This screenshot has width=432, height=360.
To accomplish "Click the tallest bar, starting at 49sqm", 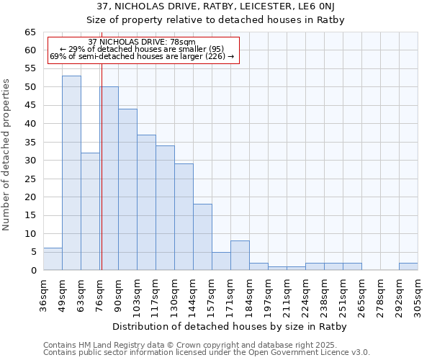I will click(71, 173).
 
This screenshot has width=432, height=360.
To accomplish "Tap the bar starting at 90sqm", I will click(127, 189).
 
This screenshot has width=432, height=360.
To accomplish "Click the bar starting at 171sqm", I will click(240, 256).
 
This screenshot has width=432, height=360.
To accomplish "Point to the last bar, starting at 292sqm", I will click(408, 266).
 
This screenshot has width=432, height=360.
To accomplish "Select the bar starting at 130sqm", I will click(184, 217).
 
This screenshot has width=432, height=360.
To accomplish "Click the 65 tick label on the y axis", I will click(30, 32).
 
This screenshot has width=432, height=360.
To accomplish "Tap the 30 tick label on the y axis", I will click(30, 161).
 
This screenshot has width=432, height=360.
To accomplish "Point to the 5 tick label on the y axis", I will click(32, 252).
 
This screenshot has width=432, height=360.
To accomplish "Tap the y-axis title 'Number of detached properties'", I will click(7, 155).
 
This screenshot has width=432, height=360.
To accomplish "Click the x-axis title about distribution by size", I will click(230, 326).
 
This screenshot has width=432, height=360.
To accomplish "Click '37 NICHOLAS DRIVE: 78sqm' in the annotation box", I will click(142, 42).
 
